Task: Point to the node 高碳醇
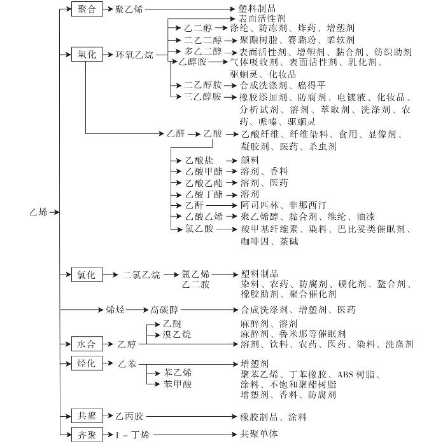[x=164, y=309]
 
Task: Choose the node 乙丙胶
[x=129, y=417]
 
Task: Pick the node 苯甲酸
[x=178, y=384]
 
